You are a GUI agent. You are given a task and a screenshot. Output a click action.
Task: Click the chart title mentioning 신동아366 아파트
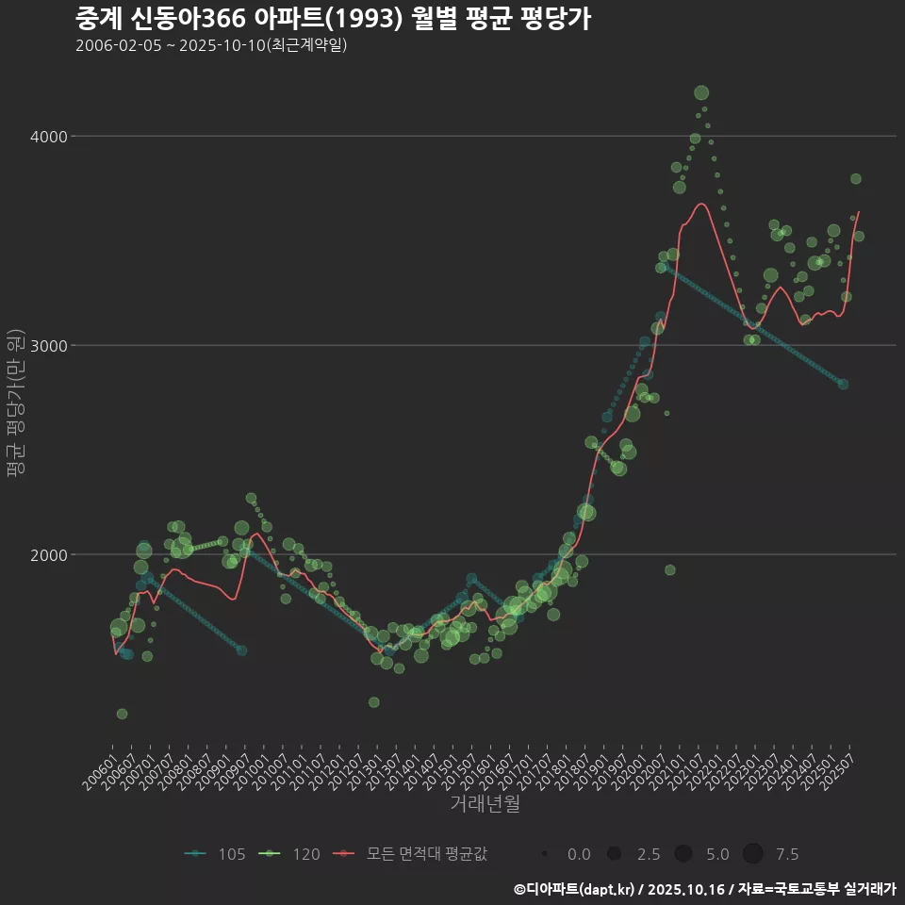pyautogui.click(x=332, y=19)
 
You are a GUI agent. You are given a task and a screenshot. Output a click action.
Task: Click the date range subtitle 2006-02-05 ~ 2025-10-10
pyautogui.click(x=211, y=45)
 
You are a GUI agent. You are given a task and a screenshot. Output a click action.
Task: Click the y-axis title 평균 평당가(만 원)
pyautogui.click(x=14, y=405)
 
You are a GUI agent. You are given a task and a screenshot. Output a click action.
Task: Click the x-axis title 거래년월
pyautogui.click(x=485, y=804)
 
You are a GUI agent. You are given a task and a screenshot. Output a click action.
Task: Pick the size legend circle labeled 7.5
pyautogui.click(x=752, y=854)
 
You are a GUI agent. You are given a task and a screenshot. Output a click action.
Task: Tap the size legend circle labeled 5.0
pyautogui.click(x=683, y=854)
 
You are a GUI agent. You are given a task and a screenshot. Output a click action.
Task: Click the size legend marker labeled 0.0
pyautogui.click(x=546, y=854)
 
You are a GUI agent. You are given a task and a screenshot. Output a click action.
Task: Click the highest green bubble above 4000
pyautogui.click(x=700, y=92)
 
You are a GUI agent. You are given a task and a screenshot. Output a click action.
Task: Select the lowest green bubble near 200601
pyautogui.click(x=122, y=714)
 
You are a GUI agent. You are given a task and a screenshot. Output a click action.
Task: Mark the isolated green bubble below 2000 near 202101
pyautogui.click(x=669, y=569)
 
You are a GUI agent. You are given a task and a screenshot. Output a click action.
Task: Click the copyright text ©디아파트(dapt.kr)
pyautogui.click(x=576, y=889)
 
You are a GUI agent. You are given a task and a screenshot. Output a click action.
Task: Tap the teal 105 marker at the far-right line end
pyautogui.click(x=843, y=384)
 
